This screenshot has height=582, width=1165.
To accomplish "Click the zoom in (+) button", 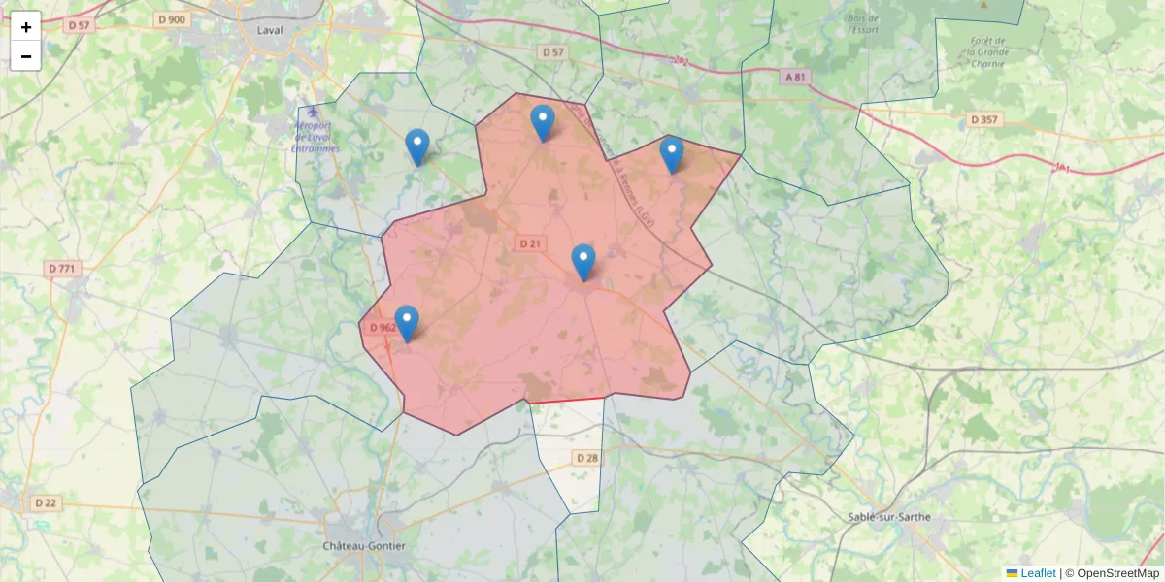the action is click(26, 27).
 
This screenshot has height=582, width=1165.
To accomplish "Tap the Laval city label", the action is click(270, 30).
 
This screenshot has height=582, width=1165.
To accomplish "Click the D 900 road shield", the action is click(171, 19).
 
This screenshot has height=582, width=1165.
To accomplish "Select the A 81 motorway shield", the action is click(796, 77).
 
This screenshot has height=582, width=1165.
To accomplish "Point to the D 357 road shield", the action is click(984, 119).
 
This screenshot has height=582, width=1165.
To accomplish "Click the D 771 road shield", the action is click(62, 268).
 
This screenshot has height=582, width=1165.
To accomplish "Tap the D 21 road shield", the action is click(529, 243).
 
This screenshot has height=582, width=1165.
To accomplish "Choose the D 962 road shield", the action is click(383, 328).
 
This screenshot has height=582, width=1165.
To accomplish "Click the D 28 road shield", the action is click(587, 457).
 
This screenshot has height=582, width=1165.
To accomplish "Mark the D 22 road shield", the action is click(46, 502).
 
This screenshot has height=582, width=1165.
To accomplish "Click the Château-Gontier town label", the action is click(364, 546).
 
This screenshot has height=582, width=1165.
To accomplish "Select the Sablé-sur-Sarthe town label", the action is click(888, 517).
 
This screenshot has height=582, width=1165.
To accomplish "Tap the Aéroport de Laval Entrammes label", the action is click(316, 137).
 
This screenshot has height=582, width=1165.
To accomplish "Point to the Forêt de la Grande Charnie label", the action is click(989, 51).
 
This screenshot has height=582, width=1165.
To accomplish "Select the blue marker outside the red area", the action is click(417, 146).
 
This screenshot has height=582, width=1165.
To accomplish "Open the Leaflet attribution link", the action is click(1038, 573).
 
